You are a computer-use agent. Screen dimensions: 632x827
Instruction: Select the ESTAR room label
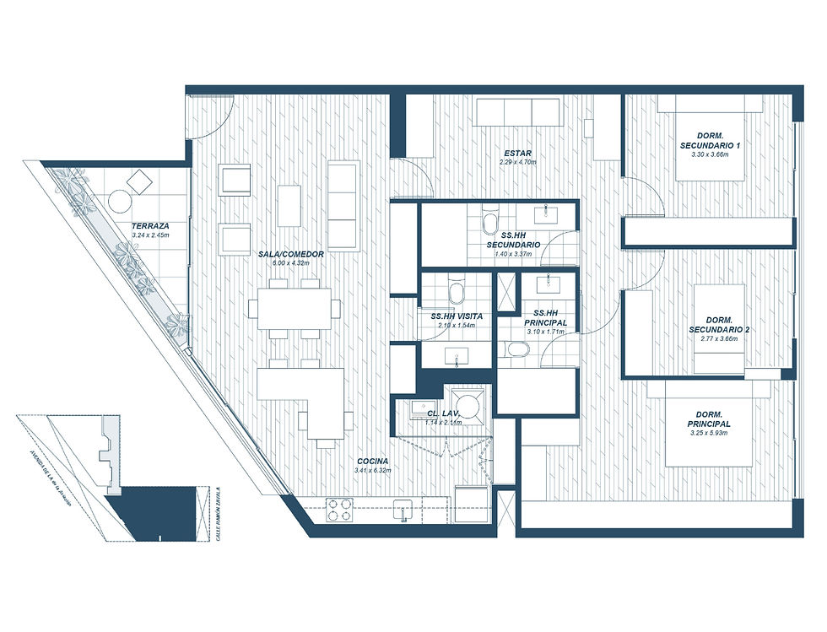(517, 153)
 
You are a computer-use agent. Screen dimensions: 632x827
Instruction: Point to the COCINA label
(372, 462)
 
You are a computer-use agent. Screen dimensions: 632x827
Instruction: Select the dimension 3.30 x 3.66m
(715, 155)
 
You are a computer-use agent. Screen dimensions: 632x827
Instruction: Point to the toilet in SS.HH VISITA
(457, 292)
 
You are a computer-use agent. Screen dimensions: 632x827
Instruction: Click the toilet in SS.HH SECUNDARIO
(489, 221)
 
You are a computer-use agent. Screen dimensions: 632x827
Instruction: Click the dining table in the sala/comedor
(295, 306)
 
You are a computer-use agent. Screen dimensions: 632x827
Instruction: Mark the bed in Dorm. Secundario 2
(719, 329)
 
